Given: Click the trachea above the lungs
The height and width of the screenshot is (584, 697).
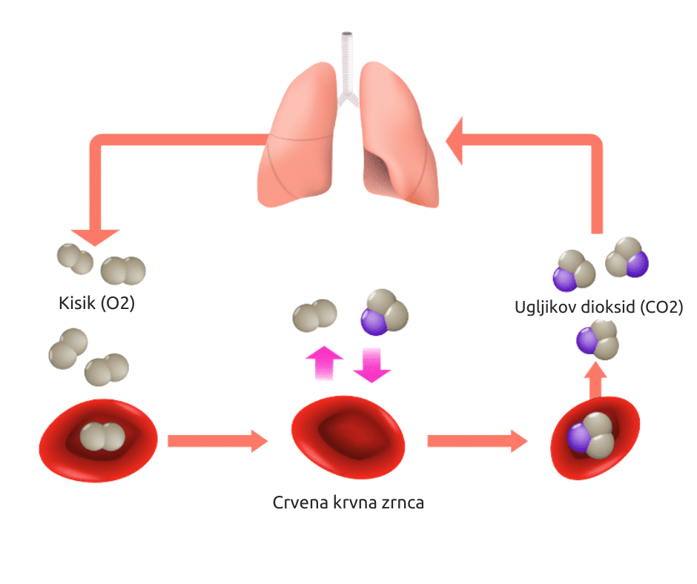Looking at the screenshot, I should [346, 59].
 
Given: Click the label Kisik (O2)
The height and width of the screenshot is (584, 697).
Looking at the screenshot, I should [96, 304].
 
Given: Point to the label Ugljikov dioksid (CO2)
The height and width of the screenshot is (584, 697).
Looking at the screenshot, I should [598, 307].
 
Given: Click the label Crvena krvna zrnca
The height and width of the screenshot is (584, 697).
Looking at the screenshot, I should [348, 503].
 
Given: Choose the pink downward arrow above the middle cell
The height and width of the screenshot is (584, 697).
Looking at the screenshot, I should [371, 364].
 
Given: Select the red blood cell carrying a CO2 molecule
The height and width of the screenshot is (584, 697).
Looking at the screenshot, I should [595, 439].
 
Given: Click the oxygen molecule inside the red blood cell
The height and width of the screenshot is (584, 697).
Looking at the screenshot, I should [103, 437].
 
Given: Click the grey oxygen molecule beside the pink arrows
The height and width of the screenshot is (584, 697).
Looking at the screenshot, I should [314, 316].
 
